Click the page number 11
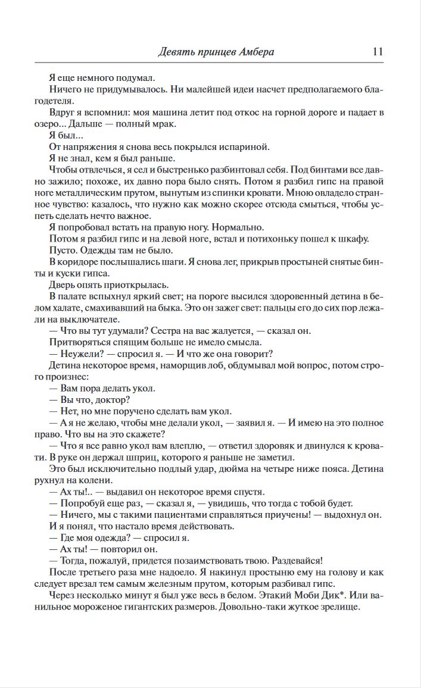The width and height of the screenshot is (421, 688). coord(377,51)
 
